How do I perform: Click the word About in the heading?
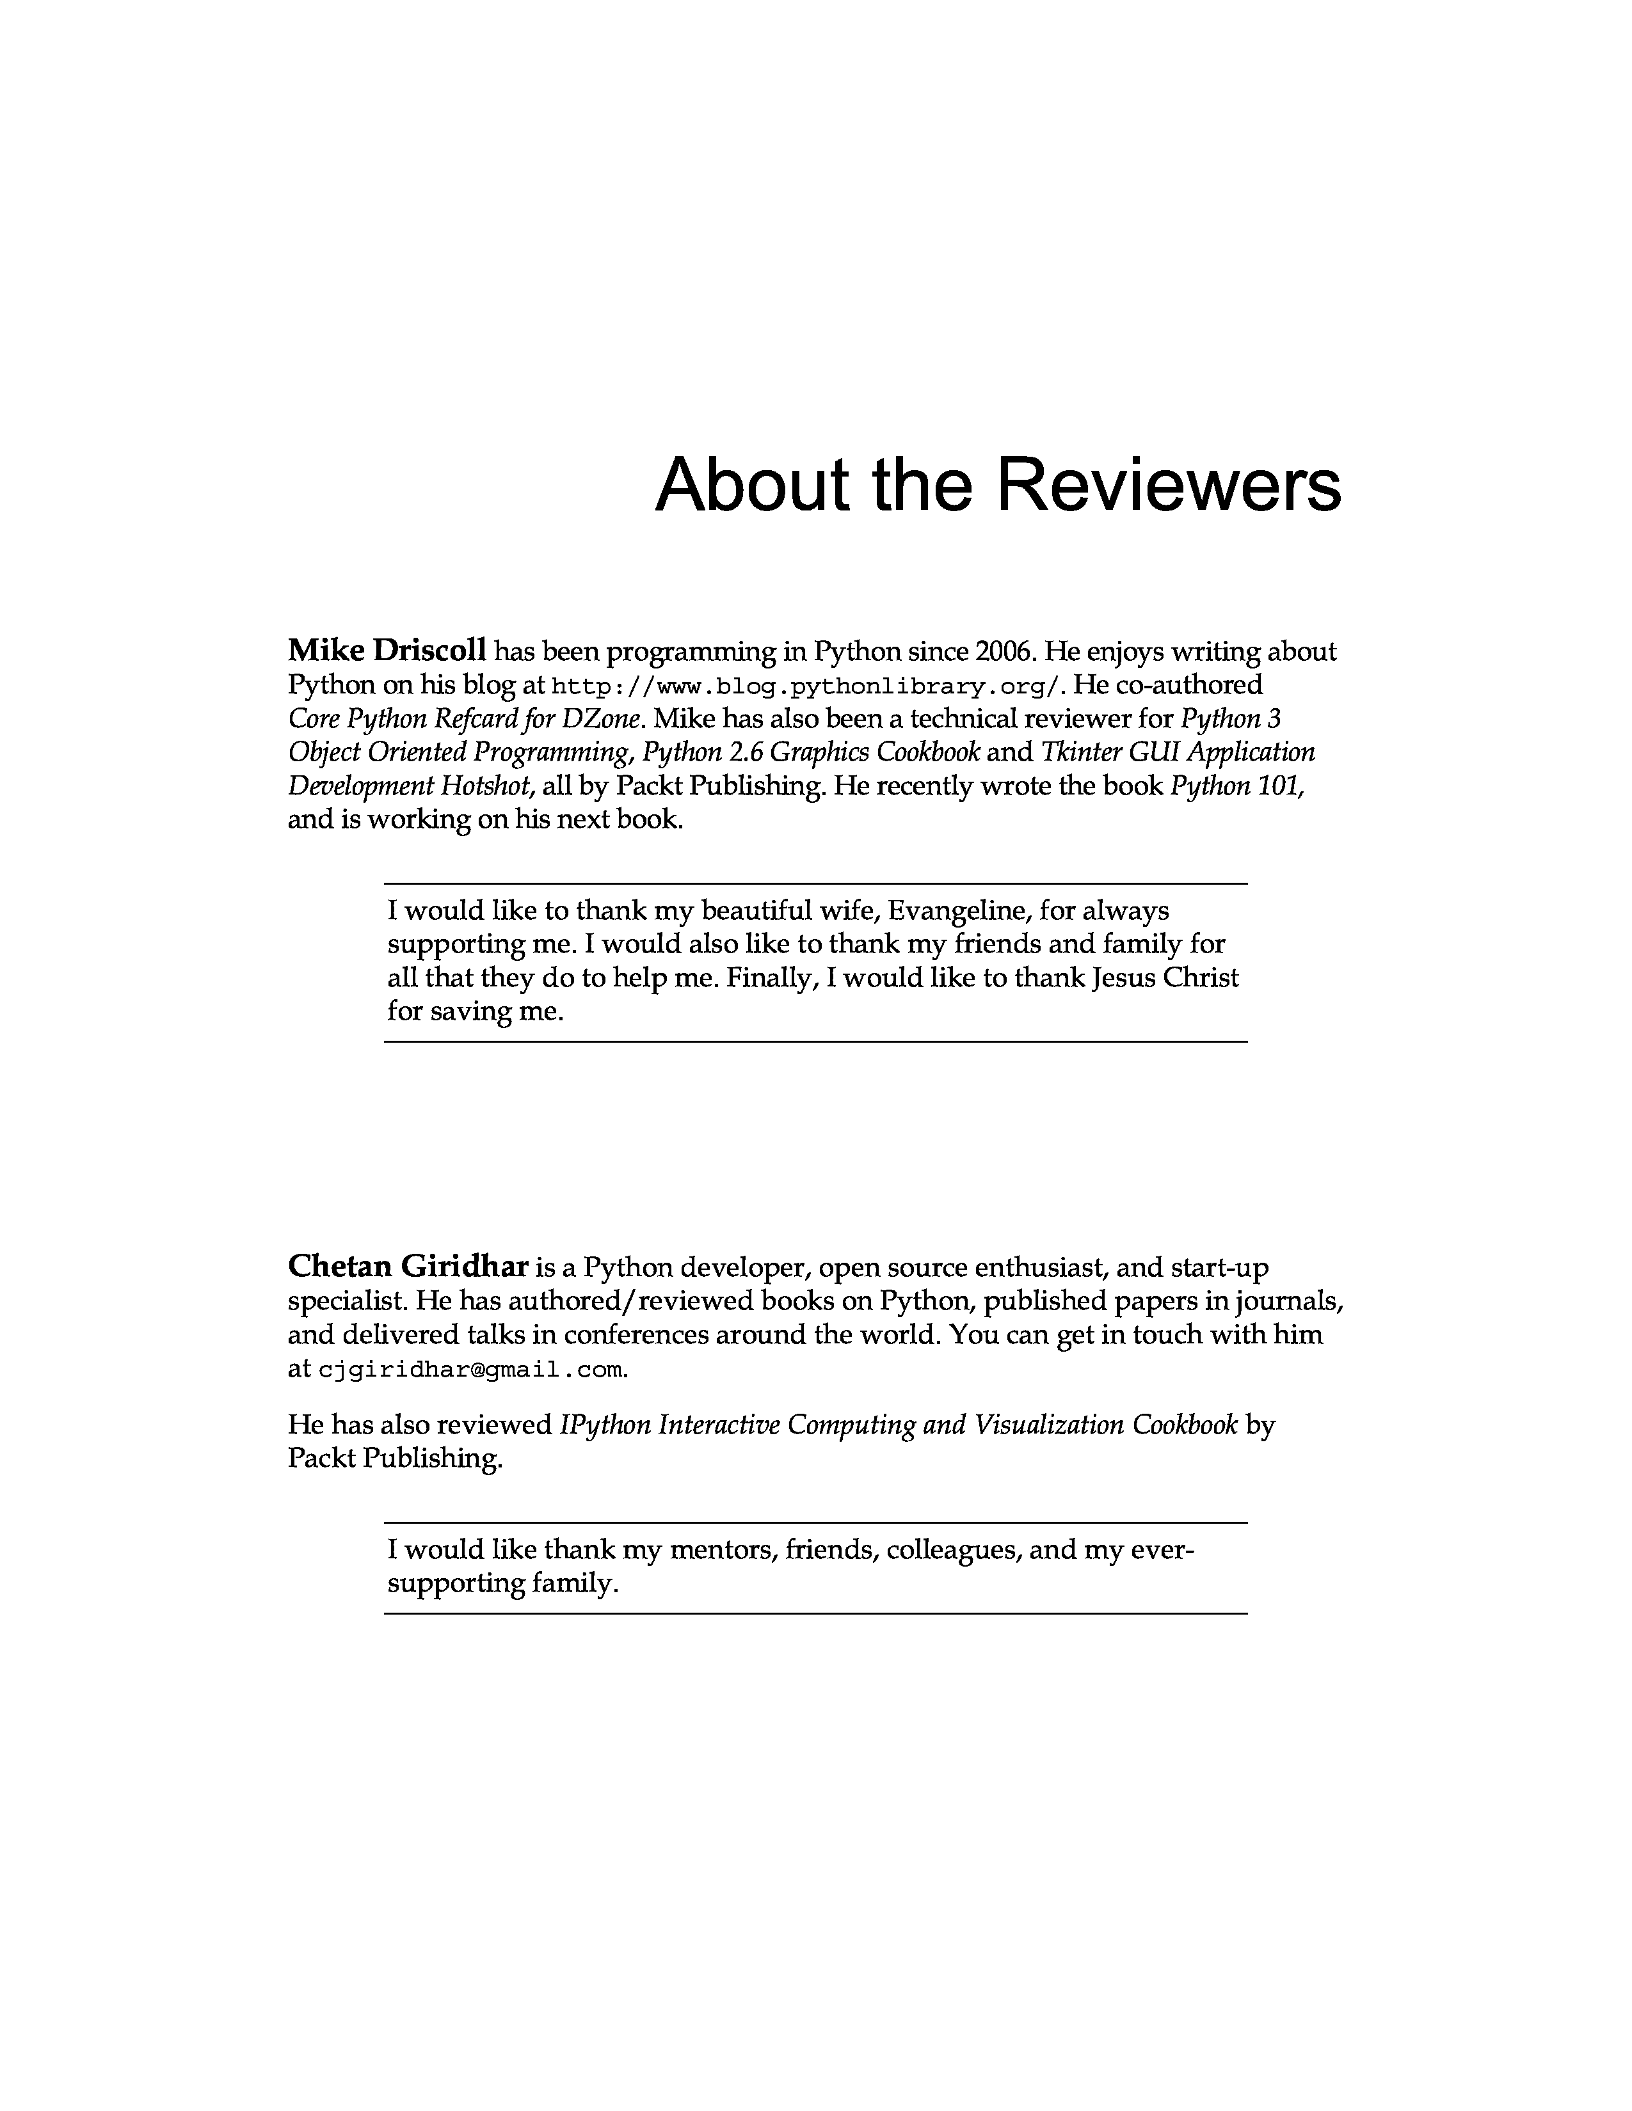pyautogui.click(x=752, y=486)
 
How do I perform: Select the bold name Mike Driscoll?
pyautogui.click(x=387, y=651)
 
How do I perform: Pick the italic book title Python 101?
pyautogui.click(x=1236, y=787)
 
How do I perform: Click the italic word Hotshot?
pyautogui.click(x=488, y=787)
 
